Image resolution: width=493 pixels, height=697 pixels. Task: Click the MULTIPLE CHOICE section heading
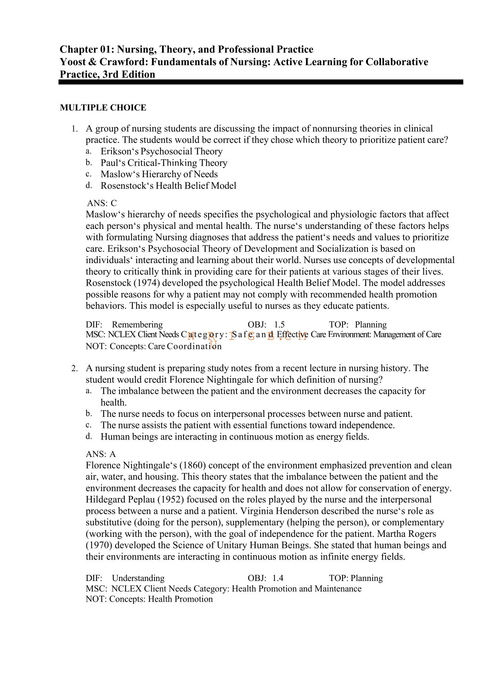(103, 108)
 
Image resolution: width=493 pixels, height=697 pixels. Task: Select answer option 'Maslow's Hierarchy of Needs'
(159, 174)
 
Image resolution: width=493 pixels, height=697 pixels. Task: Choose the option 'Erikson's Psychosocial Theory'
(161, 151)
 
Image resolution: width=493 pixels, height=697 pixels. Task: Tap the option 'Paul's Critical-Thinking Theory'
(164, 163)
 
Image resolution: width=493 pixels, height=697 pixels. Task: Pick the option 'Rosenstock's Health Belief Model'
(168, 186)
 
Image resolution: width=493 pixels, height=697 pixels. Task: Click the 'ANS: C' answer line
(102, 203)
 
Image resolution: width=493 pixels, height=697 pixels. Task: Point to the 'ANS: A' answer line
(101, 454)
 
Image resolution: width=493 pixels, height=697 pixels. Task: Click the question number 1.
(74, 129)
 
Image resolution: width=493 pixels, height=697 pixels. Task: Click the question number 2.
(74, 368)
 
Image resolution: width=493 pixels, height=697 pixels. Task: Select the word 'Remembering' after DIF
(137, 325)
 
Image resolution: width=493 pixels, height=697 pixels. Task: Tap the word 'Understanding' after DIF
(138, 578)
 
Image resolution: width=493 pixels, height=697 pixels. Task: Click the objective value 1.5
(279, 325)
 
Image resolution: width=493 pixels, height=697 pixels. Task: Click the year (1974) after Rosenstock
(147, 283)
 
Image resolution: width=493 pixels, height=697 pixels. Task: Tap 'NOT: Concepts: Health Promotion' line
(149, 599)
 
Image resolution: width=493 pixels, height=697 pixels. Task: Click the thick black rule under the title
(261, 82)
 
